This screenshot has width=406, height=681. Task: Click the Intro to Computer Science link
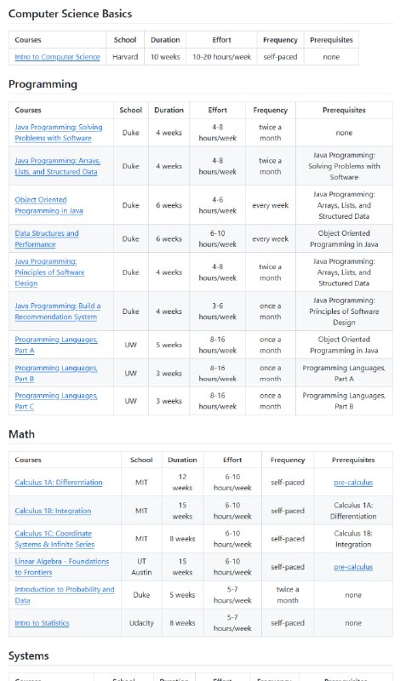point(57,57)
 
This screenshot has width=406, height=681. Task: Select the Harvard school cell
point(125,57)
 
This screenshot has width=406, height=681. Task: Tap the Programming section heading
point(43,84)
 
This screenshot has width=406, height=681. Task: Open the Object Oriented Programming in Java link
point(49,205)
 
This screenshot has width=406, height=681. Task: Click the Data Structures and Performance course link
point(47,238)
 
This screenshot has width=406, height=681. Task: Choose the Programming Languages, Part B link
point(56,373)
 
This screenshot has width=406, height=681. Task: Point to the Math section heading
point(21,434)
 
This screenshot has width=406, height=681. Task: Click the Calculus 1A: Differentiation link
point(59,483)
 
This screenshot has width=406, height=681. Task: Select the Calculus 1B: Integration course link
point(53,511)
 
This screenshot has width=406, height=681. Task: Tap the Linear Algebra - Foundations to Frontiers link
point(62,566)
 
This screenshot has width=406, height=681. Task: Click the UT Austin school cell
point(141,566)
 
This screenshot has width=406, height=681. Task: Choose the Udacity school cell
point(141,623)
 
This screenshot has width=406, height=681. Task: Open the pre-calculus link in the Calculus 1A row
point(353,483)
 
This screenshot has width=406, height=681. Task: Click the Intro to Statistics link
point(42,623)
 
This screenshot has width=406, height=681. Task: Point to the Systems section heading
point(29,655)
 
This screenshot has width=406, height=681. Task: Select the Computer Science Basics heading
point(70,14)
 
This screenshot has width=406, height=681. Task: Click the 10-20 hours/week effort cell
point(221,57)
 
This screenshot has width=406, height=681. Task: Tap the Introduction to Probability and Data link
point(64,594)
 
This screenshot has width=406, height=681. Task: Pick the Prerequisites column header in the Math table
point(353,460)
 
